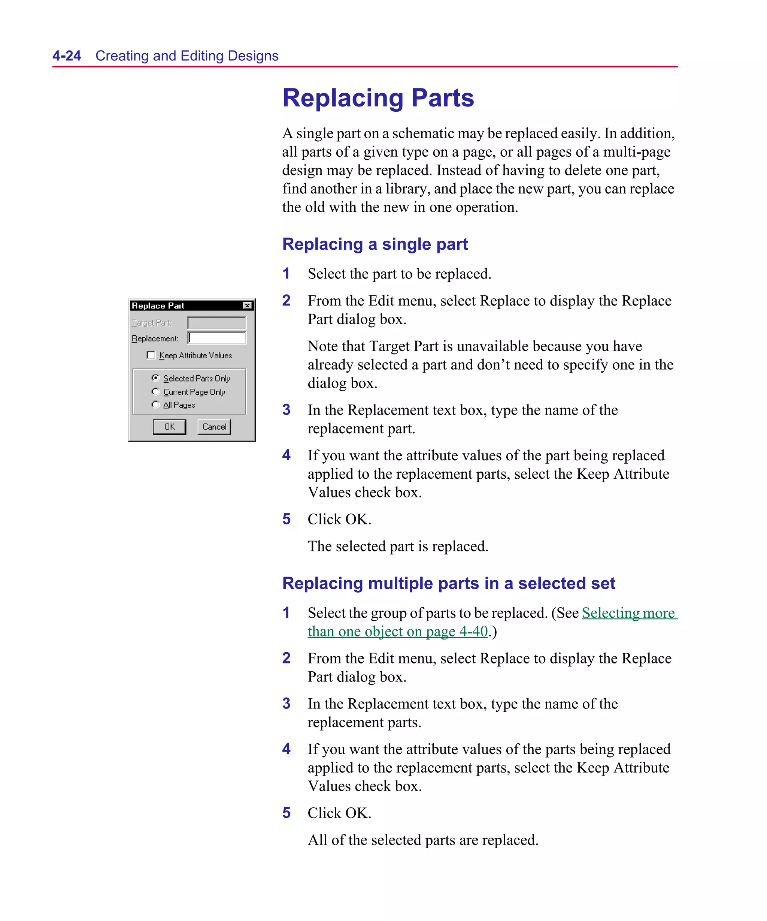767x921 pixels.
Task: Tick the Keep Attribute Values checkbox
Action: point(151,355)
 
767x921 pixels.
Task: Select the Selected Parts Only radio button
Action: point(155,378)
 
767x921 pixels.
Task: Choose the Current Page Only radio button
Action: point(155,392)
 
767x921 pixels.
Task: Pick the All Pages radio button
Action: point(155,404)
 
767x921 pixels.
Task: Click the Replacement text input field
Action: point(216,338)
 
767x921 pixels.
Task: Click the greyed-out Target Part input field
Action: point(216,323)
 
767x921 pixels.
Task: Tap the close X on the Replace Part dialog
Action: point(247,305)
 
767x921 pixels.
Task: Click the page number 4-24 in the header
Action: point(67,56)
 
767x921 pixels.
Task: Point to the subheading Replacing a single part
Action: point(375,244)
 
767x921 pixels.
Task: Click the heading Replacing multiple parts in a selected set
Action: point(448,583)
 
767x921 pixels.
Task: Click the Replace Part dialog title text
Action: point(158,306)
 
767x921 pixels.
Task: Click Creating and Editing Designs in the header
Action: point(187,56)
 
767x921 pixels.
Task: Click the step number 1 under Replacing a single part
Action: point(286,274)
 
